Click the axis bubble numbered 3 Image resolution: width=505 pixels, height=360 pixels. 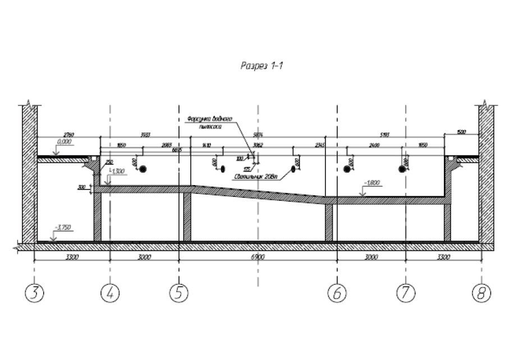(35, 292)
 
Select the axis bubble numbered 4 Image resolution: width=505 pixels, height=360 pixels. (110, 292)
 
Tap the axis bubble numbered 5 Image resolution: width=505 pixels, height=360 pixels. (178, 292)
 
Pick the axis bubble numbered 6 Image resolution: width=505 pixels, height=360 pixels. (337, 292)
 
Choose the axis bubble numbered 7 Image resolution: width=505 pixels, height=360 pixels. (405, 292)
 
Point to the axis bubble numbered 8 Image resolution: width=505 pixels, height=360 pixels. (481, 292)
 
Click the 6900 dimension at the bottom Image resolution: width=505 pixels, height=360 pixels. (258, 257)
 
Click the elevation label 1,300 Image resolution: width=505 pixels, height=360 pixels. (118, 170)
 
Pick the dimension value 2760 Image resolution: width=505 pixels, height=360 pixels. (68, 135)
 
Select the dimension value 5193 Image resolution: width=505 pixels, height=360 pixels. (385, 135)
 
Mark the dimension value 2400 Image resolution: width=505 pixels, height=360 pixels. (375, 145)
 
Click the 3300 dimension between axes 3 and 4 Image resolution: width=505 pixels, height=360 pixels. (72, 257)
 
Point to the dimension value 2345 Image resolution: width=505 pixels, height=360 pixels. (320, 145)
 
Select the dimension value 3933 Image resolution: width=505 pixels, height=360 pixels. (145, 135)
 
